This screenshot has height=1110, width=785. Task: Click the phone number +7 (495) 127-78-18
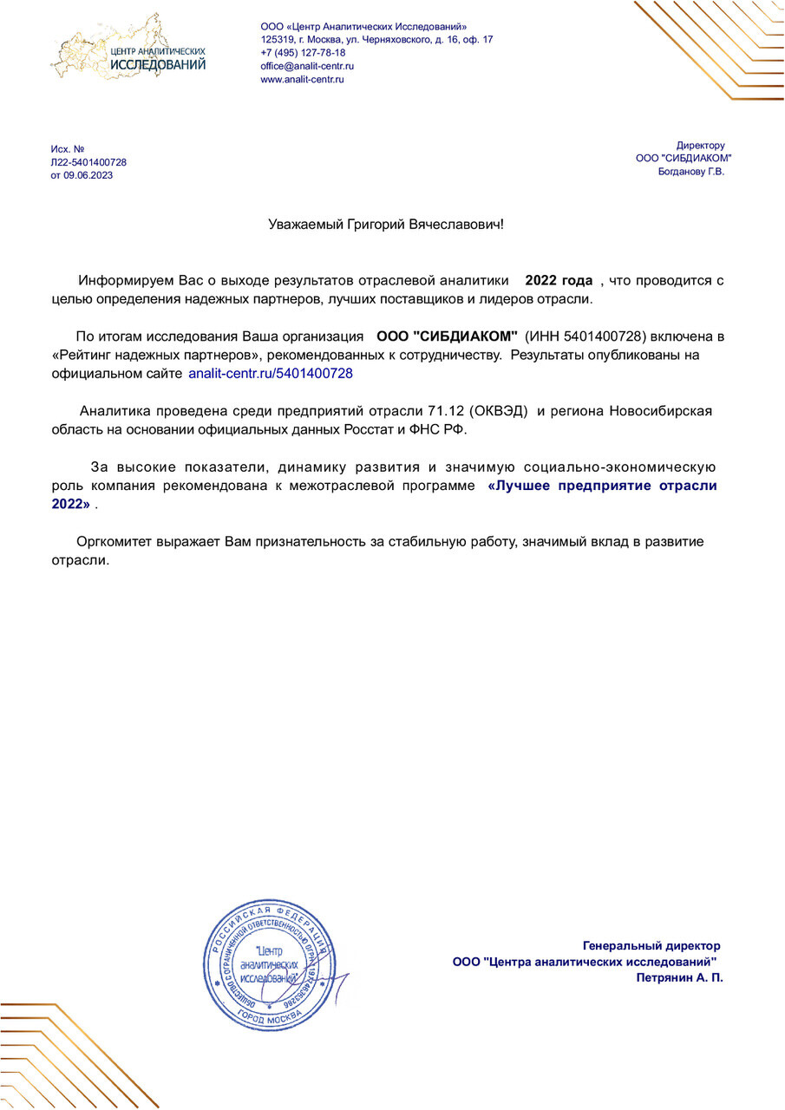click(303, 53)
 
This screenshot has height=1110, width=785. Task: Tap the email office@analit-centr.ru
click(307, 66)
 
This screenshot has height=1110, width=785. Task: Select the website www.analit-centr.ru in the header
click(303, 79)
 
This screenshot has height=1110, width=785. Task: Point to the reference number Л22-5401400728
click(88, 162)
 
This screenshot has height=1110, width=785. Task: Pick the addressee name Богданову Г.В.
click(691, 171)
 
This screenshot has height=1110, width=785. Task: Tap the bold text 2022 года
click(559, 281)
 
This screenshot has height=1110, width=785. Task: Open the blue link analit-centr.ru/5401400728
click(271, 374)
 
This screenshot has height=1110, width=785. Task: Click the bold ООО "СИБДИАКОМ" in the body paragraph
click(447, 336)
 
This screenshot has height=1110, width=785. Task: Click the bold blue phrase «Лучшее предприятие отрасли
click(603, 486)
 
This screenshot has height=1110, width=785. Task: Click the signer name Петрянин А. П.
click(679, 977)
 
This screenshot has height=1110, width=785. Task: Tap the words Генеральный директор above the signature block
click(651, 945)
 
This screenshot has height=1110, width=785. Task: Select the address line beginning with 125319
click(376, 40)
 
